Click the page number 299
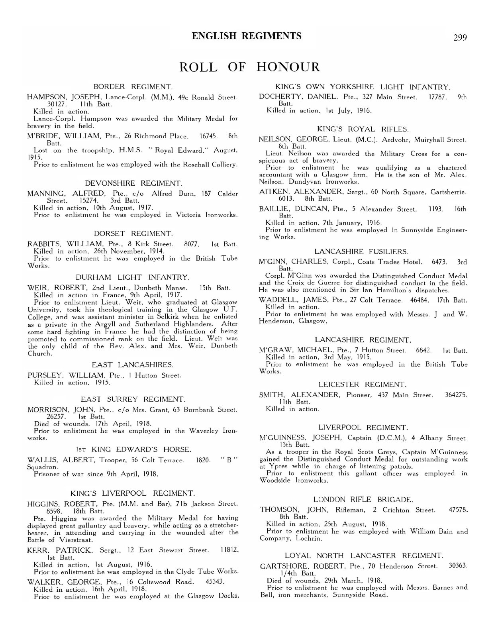(459, 38)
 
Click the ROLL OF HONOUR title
(250, 67)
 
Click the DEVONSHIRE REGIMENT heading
(133, 183)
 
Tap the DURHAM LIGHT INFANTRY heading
(133, 277)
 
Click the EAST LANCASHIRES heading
(133, 365)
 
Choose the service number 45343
(215, 582)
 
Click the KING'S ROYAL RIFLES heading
(363, 129)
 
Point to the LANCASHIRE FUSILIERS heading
(361, 251)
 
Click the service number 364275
(455, 395)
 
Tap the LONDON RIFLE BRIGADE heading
(363, 499)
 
